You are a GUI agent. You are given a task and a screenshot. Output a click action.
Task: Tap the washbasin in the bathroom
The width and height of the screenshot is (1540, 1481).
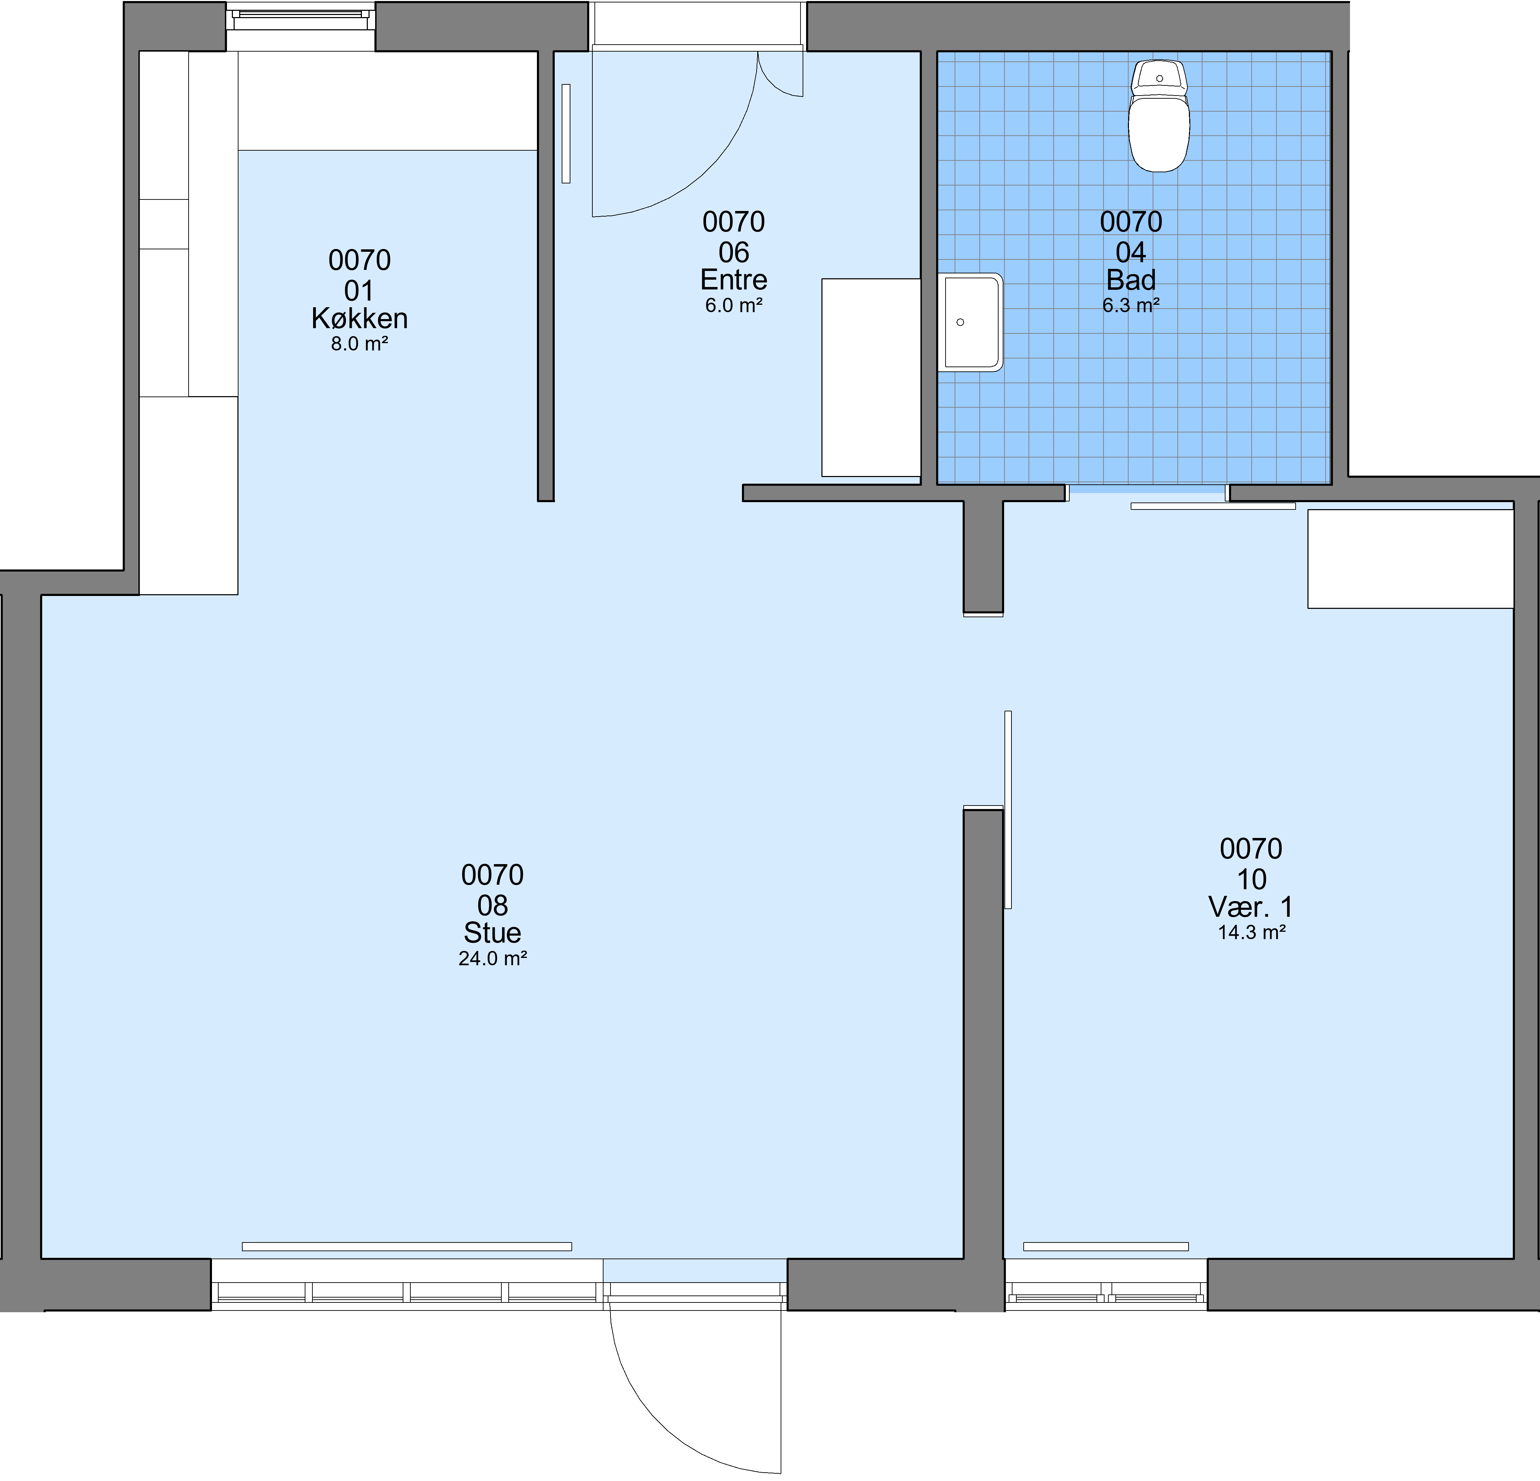(970, 322)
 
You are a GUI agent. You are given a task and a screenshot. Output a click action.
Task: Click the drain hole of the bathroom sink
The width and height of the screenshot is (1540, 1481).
(960, 322)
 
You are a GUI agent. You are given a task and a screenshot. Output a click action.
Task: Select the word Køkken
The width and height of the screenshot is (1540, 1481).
(359, 318)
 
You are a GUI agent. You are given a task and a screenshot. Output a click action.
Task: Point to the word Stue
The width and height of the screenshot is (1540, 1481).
(493, 932)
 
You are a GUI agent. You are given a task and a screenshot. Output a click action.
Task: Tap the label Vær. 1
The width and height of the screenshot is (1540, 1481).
(1251, 907)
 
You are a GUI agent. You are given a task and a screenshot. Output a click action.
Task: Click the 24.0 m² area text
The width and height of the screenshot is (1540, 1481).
(493, 959)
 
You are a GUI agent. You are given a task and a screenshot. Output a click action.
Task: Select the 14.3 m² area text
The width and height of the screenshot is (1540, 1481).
(1251, 932)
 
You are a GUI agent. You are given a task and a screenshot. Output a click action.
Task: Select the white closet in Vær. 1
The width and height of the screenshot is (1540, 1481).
(1410, 559)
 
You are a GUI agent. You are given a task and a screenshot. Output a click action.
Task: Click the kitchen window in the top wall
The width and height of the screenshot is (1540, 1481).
(301, 17)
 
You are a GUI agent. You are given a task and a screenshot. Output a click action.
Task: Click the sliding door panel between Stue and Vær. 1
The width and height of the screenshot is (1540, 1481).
(1008, 809)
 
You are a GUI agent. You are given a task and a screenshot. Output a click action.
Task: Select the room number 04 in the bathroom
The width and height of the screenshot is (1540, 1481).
(1131, 252)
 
